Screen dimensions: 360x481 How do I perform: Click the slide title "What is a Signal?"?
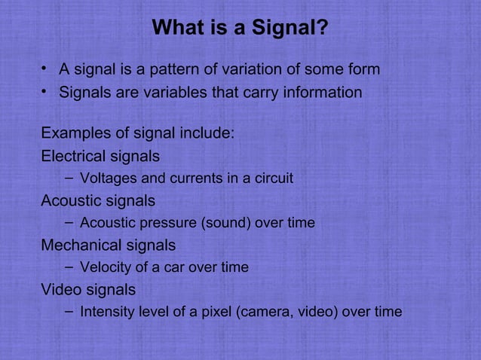pos(240,29)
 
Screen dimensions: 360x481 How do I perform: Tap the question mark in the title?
pos(322,29)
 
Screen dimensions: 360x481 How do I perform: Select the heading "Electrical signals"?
pos(100,157)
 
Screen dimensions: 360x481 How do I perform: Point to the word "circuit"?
pos(272,179)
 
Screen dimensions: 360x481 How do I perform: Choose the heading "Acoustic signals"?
pos(98,201)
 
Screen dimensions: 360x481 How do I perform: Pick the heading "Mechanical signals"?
pos(108,246)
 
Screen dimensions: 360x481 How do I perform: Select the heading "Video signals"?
pos(88,289)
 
